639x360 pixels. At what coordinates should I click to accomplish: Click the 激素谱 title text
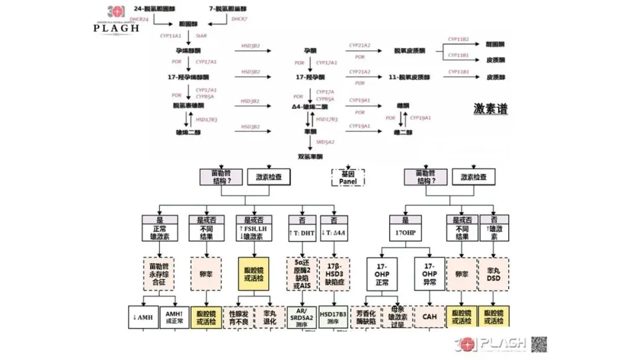pos(490,109)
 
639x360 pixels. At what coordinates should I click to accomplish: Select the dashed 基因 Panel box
pos(348,176)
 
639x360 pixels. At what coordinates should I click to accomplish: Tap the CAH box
pos(429,317)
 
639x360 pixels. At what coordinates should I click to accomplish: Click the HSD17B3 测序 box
pos(333,317)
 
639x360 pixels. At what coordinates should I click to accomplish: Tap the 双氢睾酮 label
pos(311,157)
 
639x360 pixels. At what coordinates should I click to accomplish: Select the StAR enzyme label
pos(201,36)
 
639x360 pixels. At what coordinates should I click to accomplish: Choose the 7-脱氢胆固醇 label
pos(228,9)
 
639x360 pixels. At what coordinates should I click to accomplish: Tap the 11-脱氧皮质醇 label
pos(409,77)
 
